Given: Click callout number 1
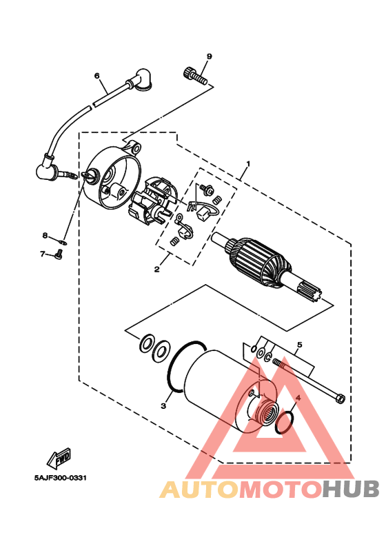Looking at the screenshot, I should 248,164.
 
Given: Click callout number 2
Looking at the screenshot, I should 156,269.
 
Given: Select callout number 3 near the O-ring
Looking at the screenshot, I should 163,405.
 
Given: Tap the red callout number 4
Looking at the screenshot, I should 298,399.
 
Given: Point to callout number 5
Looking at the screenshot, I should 299,344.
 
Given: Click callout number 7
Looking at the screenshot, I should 42,254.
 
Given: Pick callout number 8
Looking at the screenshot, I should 44,235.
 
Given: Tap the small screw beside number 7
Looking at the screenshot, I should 58,256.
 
